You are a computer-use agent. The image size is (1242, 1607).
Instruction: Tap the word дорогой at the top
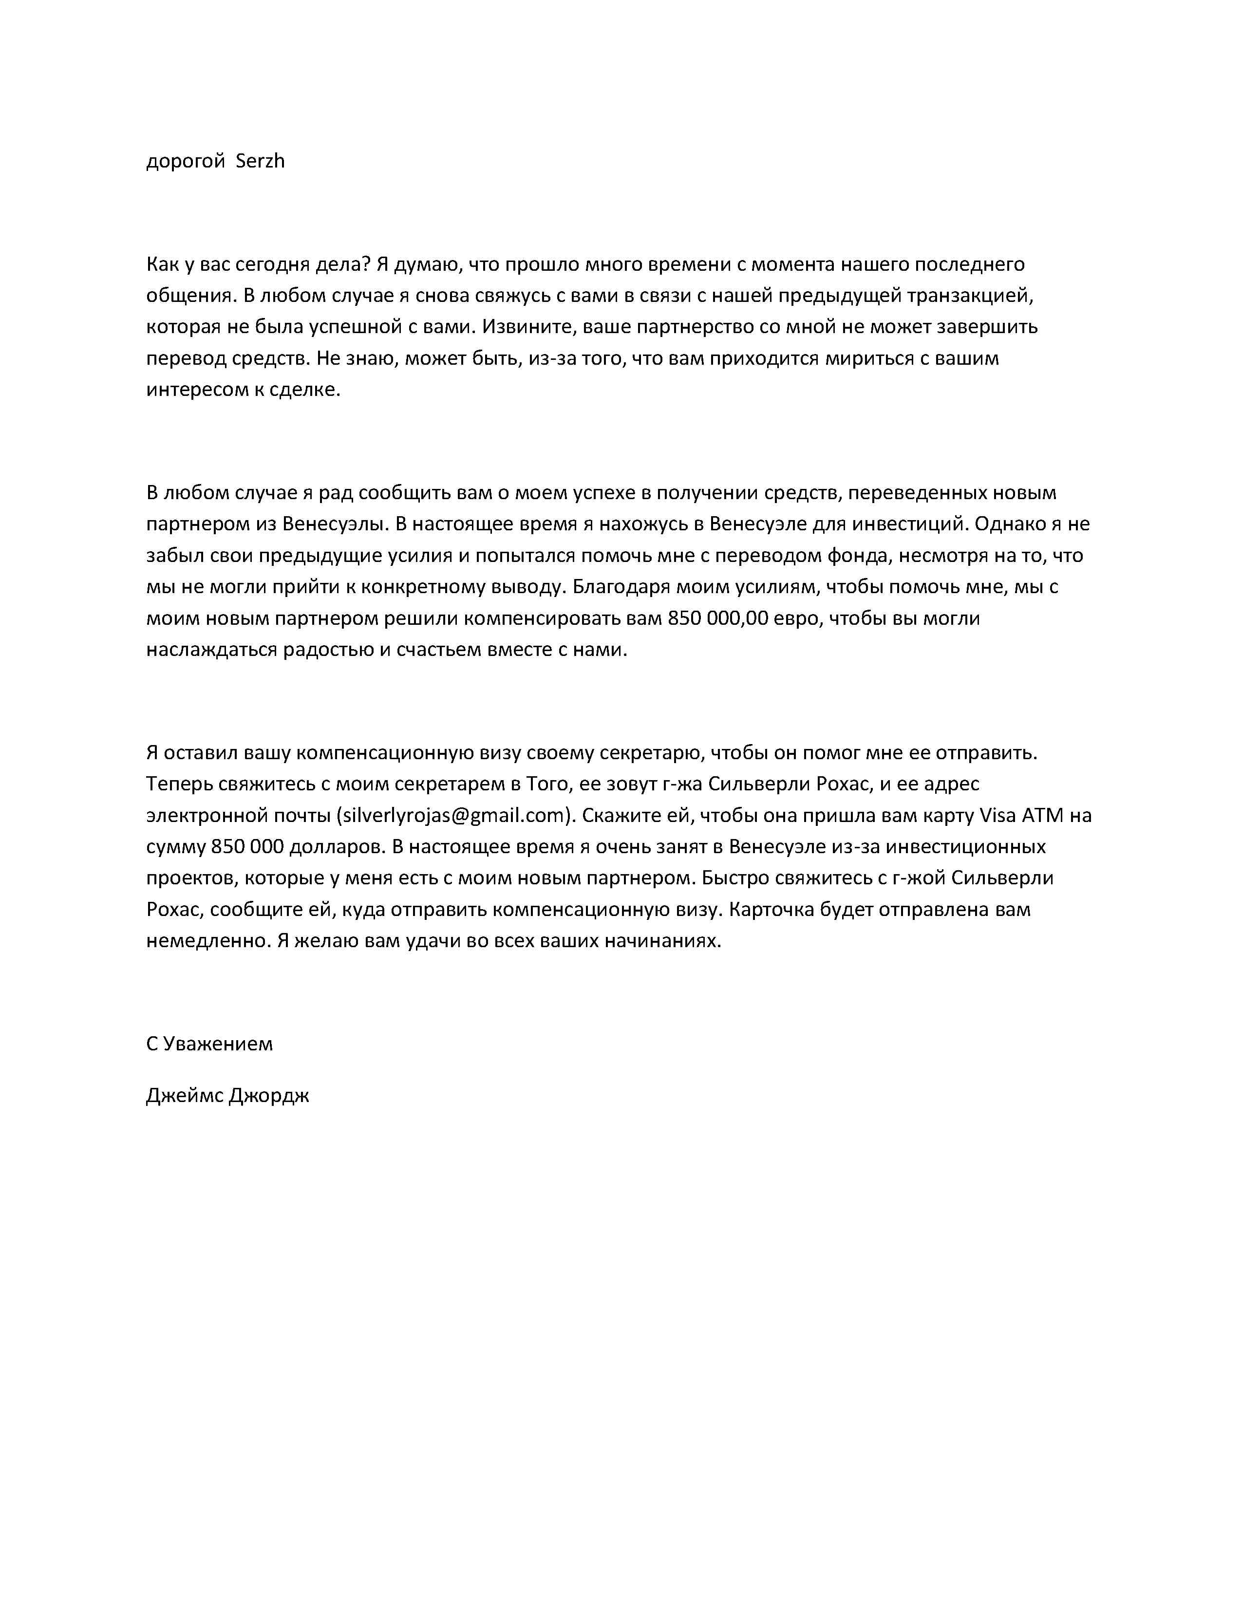pyautogui.click(x=186, y=161)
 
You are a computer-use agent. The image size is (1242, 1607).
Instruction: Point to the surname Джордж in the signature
pyautogui.click(x=268, y=1096)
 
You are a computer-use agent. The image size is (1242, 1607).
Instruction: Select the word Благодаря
pyautogui.click(x=620, y=587)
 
